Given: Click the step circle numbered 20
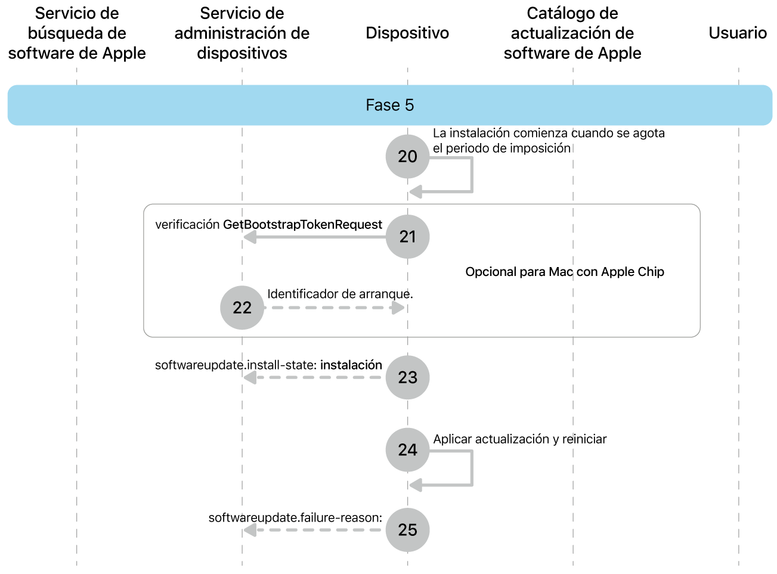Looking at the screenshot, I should tap(407, 156).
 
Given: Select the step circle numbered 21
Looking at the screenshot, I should tap(407, 237).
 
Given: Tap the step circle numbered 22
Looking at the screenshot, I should tap(242, 308).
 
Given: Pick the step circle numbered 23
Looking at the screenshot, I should tap(407, 377).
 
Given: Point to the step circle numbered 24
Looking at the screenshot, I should tap(407, 449).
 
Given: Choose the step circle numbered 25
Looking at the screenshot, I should tap(407, 530).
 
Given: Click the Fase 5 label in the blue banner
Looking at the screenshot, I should tap(389, 106).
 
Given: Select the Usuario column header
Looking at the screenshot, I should tap(738, 33).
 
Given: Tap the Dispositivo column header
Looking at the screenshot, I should tap(407, 33).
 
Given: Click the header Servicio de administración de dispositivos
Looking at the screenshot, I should tap(242, 33).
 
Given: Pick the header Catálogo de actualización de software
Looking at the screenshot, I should tap(572, 33).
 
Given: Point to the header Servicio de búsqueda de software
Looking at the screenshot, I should tap(77, 33).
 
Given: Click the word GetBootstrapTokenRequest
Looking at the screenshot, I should tap(302, 225).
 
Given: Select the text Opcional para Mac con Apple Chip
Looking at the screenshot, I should tap(565, 272).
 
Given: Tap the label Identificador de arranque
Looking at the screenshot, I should tap(340, 294).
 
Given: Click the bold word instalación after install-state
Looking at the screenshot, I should tap(351, 365).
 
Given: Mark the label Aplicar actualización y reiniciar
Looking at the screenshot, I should tap(520, 439).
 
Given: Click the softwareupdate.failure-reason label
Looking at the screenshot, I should tap(295, 517).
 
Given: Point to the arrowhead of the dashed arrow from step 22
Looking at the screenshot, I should tap(398, 308).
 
